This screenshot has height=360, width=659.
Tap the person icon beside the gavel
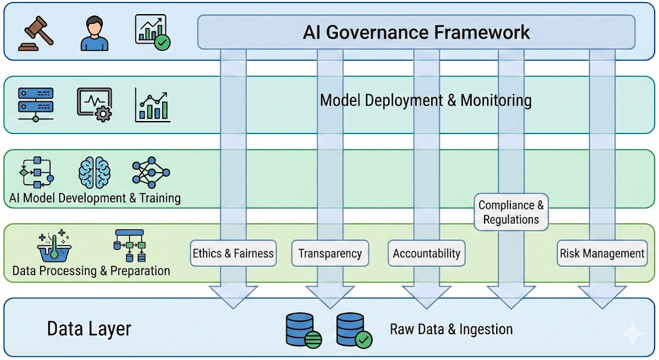click(x=95, y=33)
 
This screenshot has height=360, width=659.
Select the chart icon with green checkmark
click(x=152, y=32)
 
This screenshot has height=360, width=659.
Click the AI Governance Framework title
click(x=416, y=32)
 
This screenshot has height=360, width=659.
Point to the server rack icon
click(x=36, y=105)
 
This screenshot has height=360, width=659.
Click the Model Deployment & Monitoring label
click(x=425, y=100)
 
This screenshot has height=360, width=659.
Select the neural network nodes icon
click(x=151, y=171)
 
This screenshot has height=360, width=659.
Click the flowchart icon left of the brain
click(x=36, y=171)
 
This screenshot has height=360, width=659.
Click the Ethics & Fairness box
click(x=233, y=253)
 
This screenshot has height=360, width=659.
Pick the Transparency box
click(x=329, y=253)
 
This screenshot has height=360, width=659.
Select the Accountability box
click(x=427, y=253)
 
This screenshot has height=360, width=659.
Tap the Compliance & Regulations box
click(x=511, y=212)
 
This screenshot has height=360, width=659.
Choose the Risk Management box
click(x=602, y=253)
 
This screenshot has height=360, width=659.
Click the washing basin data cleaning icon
click(x=54, y=245)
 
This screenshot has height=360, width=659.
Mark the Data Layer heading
click(x=89, y=329)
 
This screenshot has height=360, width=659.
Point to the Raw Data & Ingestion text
click(x=451, y=330)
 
